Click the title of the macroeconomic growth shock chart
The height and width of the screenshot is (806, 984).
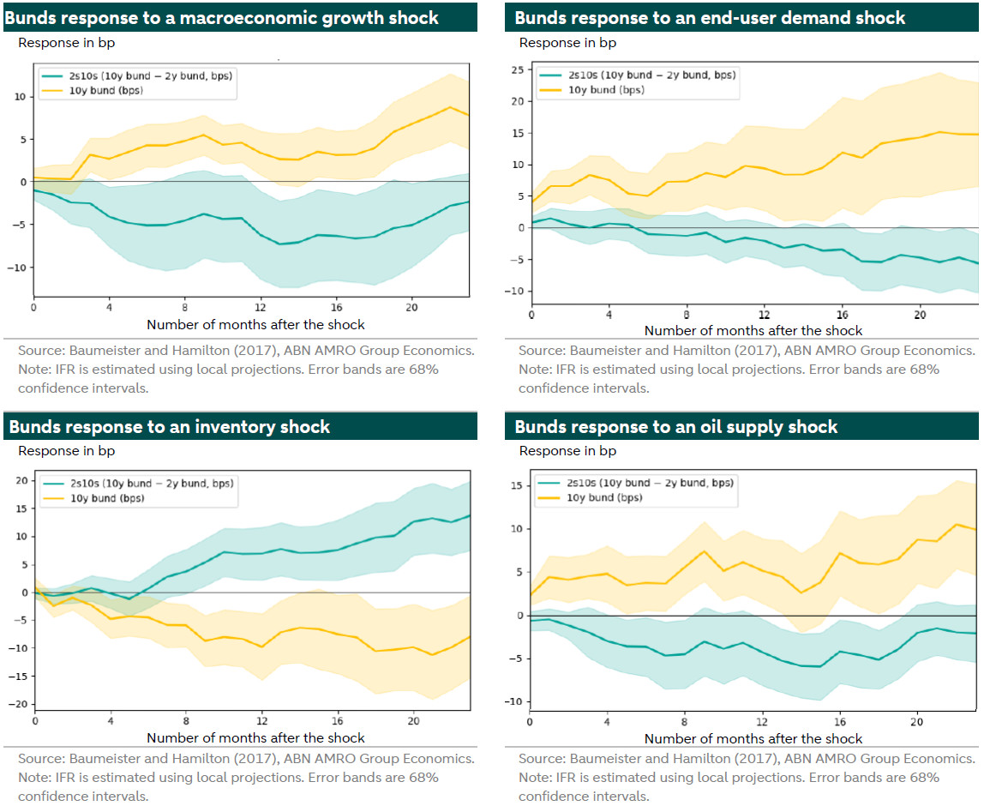[x=224, y=17]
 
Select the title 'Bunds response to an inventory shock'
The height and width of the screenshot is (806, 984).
[x=170, y=426]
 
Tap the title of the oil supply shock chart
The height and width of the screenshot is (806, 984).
[x=675, y=426]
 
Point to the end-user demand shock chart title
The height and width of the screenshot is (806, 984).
[x=710, y=17]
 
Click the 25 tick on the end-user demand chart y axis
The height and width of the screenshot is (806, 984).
[x=517, y=69]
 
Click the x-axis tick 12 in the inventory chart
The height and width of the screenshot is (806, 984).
[x=262, y=721]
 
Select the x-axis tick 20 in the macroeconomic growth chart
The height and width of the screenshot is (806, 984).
[x=412, y=307]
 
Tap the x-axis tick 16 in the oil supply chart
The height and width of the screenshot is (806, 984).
[x=841, y=721]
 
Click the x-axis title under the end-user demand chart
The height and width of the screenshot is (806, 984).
[x=753, y=330]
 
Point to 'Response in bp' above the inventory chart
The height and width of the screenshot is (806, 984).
[x=66, y=450]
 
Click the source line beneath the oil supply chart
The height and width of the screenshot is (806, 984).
[x=747, y=758]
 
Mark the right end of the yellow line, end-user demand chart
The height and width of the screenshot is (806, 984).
[x=977, y=134]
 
